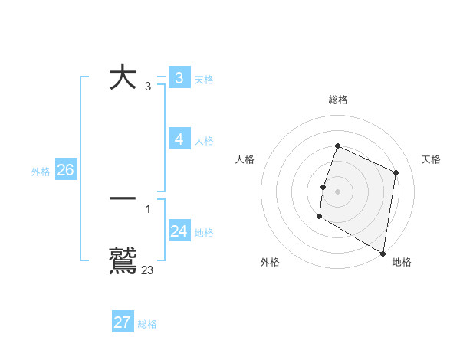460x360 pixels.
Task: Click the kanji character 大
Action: coord(123,78)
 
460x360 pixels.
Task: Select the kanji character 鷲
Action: coord(123,260)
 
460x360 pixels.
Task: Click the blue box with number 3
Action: coord(179,78)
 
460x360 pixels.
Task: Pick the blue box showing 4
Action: coord(179,139)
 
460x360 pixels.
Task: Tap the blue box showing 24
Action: coord(179,231)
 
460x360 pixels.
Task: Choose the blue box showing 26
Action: coord(65,170)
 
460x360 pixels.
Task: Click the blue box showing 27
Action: coord(122,322)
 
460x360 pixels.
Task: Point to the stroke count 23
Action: coord(147,270)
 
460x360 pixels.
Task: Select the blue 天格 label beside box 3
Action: coord(204,80)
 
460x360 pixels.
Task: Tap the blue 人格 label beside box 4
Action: coord(204,141)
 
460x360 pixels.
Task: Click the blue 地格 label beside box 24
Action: coord(204,233)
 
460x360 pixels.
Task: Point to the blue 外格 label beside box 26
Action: coord(41,172)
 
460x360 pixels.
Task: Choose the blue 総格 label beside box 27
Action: coord(147,324)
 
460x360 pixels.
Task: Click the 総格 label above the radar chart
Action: coord(338,100)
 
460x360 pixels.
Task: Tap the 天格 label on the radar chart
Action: coord(431,159)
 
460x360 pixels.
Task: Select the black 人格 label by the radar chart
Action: coord(245,159)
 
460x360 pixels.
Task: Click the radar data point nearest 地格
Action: coord(383,253)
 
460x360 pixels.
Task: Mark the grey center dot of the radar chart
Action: coord(338,191)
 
